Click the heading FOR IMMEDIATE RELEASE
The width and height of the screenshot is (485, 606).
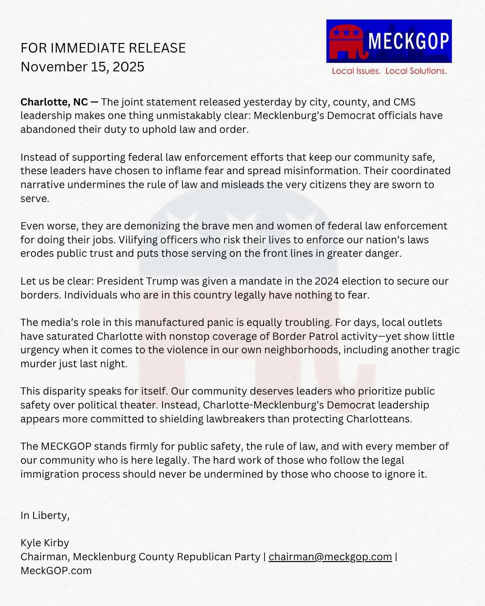pos(103,48)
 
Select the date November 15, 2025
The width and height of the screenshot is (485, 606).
pos(82,67)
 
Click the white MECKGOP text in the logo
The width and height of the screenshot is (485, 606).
pos(409,41)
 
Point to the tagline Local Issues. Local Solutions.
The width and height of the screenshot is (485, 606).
pos(389,71)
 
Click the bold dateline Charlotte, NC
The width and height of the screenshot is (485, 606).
pos(54,102)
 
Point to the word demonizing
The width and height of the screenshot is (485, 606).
pos(153,226)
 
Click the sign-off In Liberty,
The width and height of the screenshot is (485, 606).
pos(45,515)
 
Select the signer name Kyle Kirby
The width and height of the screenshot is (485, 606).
pos(44,543)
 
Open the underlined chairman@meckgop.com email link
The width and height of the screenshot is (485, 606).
pos(330,557)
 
